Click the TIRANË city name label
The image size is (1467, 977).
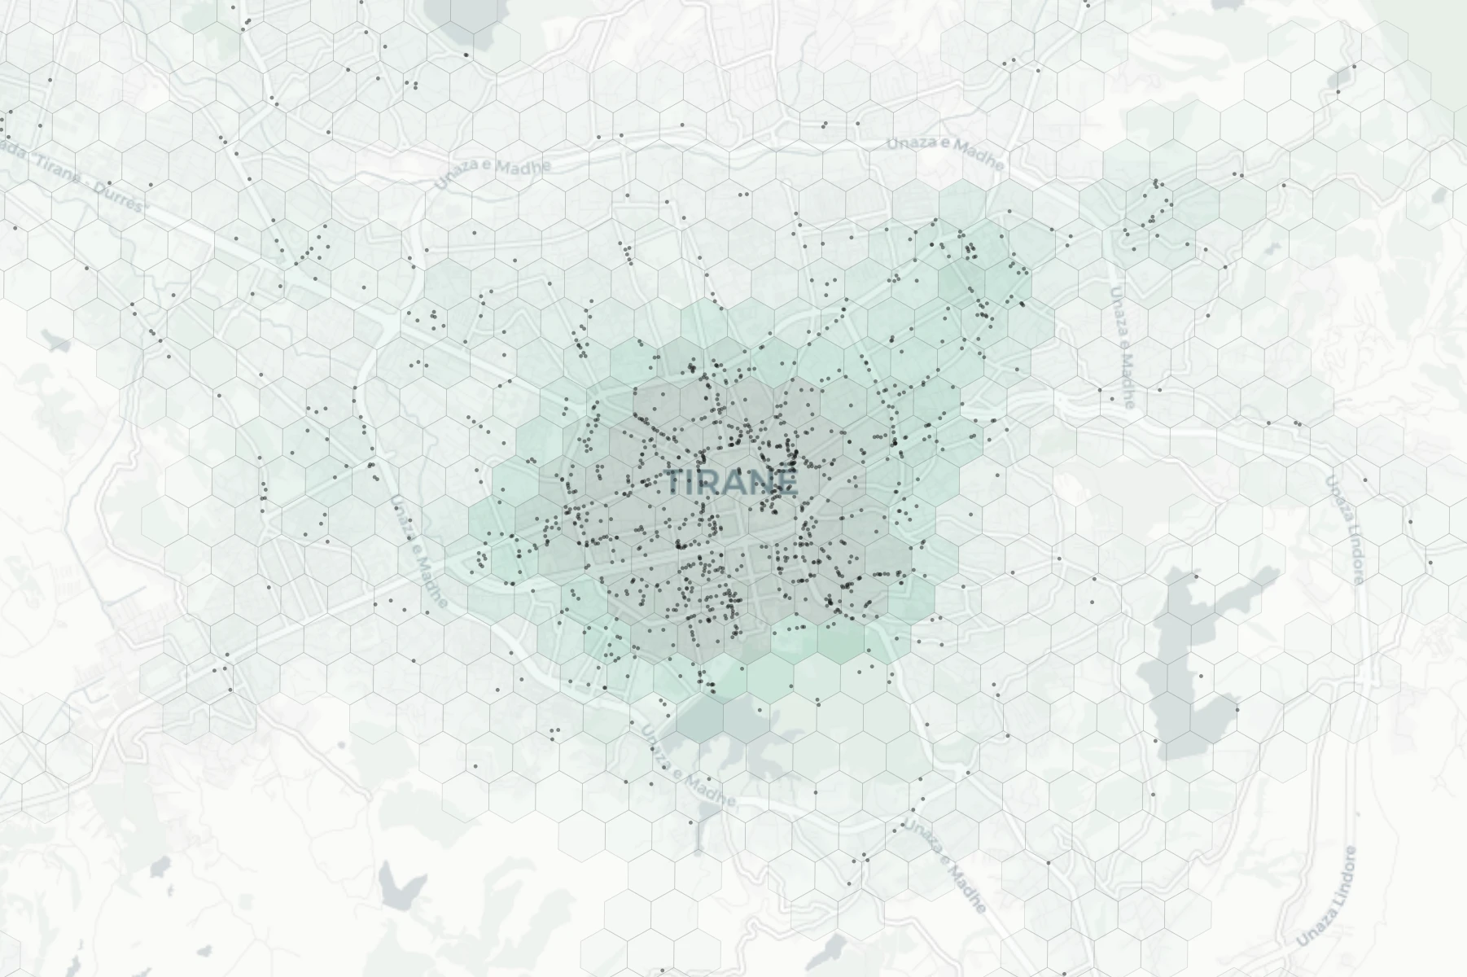pyautogui.click(x=731, y=482)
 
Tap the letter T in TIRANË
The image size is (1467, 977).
pyautogui.click(x=676, y=483)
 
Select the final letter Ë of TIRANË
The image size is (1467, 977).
pyautogui.click(x=785, y=481)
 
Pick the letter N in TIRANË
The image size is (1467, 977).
pyautogui.click(x=760, y=483)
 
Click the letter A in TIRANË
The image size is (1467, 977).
pyautogui.click(x=735, y=483)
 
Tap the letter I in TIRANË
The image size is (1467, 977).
pyautogui.click(x=693, y=483)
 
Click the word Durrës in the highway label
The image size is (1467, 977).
pyautogui.click(x=122, y=199)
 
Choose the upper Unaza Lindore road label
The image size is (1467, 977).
pyautogui.click(x=1343, y=529)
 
